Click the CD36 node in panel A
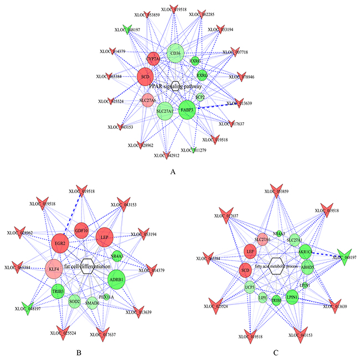(174, 53)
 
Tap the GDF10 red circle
(81, 230)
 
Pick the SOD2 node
(75, 302)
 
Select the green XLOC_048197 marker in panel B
(25, 306)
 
